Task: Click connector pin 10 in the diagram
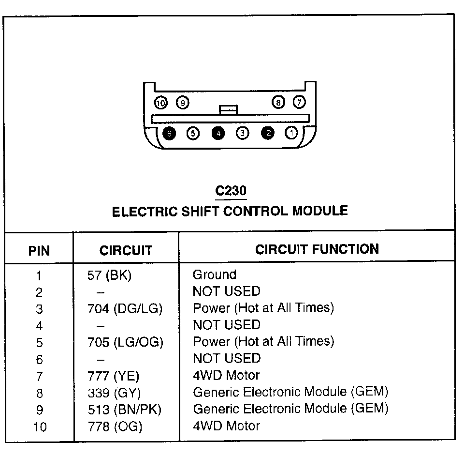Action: click(x=160, y=103)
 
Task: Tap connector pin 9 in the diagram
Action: click(x=182, y=103)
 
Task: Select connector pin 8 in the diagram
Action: click(x=278, y=103)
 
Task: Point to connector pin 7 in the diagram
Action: click(x=300, y=103)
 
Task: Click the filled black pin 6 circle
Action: click(x=169, y=133)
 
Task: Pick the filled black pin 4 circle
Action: click(x=218, y=133)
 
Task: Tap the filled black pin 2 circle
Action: click(x=267, y=133)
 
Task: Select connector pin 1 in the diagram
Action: click(x=291, y=133)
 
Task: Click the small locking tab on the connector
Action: click(x=228, y=109)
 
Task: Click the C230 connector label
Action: click(x=231, y=190)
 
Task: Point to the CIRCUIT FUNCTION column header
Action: click(x=317, y=249)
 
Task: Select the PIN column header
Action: click(x=39, y=251)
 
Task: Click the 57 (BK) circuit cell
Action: click(x=110, y=275)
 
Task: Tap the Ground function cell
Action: click(x=215, y=275)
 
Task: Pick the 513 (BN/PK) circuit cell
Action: click(x=124, y=410)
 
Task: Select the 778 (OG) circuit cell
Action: click(x=115, y=427)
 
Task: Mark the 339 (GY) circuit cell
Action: click(x=114, y=393)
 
